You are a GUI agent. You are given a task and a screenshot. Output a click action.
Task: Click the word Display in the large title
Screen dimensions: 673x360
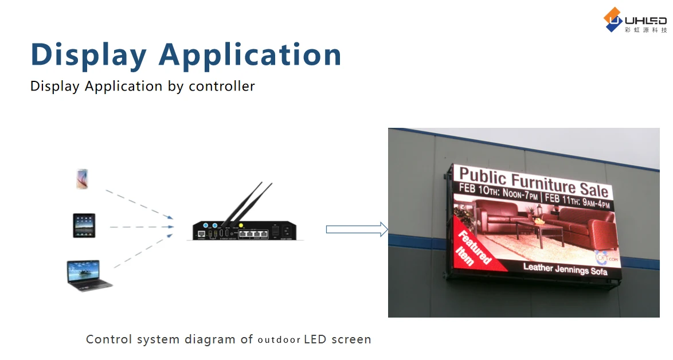[89, 55]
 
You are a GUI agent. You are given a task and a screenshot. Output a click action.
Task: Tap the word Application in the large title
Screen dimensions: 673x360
[250, 55]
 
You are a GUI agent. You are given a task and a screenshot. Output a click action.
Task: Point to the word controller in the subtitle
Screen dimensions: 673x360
[222, 87]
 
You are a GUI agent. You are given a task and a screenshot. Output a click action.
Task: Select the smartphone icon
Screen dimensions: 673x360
[83, 179]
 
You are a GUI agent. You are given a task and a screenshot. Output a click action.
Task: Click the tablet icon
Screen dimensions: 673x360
[84, 225]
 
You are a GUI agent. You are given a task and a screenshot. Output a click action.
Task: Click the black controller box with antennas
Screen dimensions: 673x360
[245, 229]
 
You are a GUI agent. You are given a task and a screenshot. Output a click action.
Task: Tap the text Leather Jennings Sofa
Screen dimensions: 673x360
[565, 268]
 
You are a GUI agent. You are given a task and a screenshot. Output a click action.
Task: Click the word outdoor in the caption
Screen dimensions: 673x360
[279, 340]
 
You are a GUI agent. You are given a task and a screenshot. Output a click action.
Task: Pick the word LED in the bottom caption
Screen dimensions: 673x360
[315, 339]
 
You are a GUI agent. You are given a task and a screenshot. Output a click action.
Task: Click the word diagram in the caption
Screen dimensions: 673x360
[210, 339]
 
